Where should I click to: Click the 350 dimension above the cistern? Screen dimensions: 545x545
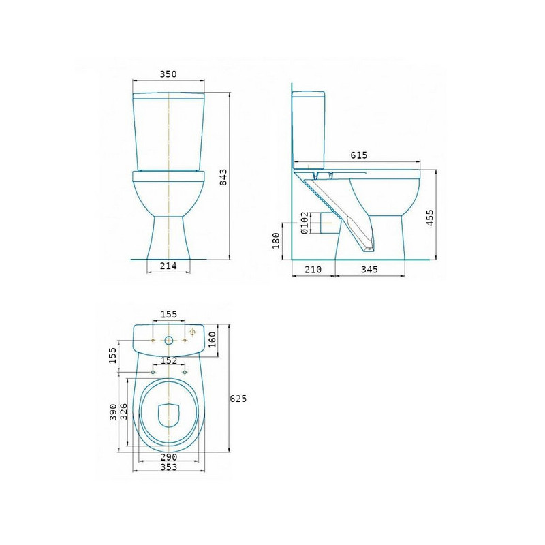pyautogui.click(x=168, y=74)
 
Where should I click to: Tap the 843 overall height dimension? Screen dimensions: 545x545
pyautogui.click(x=223, y=177)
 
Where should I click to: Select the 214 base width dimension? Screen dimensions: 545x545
pyautogui.click(x=168, y=266)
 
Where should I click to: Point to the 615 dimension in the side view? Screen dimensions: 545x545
pyautogui.click(x=359, y=155)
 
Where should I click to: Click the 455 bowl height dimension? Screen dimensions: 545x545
pyautogui.click(x=430, y=217)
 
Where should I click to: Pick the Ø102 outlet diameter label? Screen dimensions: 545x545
pyautogui.click(x=304, y=223)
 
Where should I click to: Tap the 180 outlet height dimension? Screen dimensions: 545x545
pyautogui.click(x=276, y=240)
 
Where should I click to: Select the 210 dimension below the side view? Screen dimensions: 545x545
pyautogui.click(x=313, y=269)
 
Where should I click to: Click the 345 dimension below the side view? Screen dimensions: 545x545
pyautogui.click(x=369, y=269)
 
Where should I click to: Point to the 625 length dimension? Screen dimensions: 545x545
pyautogui.click(x=238, y=399)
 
